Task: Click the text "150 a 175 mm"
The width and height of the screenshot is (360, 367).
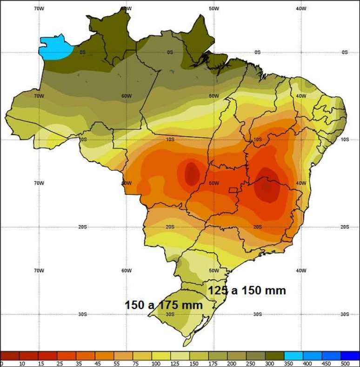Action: pyautogui.click(x=164, y=305)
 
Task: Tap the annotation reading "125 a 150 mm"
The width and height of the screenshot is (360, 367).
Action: pyautogui.click(x=247, y=291)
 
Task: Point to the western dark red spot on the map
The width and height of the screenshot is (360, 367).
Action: pyautogui.click(x=191, y=173)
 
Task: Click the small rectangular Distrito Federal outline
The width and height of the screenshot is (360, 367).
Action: pyautogui.click(x=233, y=190)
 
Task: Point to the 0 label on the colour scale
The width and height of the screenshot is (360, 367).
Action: pyautogui.click(x=2, y=363)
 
